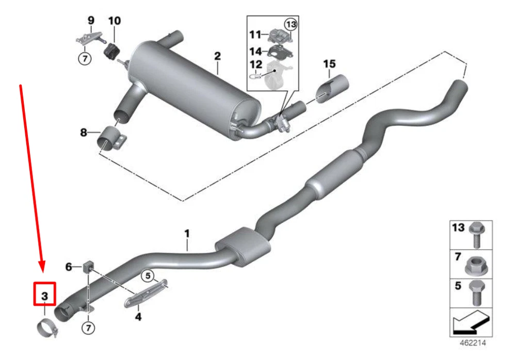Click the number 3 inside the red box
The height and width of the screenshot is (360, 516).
(45, 296)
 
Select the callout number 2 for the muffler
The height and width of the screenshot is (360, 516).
(218, 56)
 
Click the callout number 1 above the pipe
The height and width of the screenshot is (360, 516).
(187, 234)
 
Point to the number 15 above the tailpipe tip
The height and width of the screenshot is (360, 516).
(329, 64)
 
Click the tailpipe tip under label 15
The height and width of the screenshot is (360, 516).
(332, 89)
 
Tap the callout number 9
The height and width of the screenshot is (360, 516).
(91, 21)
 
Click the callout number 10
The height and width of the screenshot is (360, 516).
(115, 21)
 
